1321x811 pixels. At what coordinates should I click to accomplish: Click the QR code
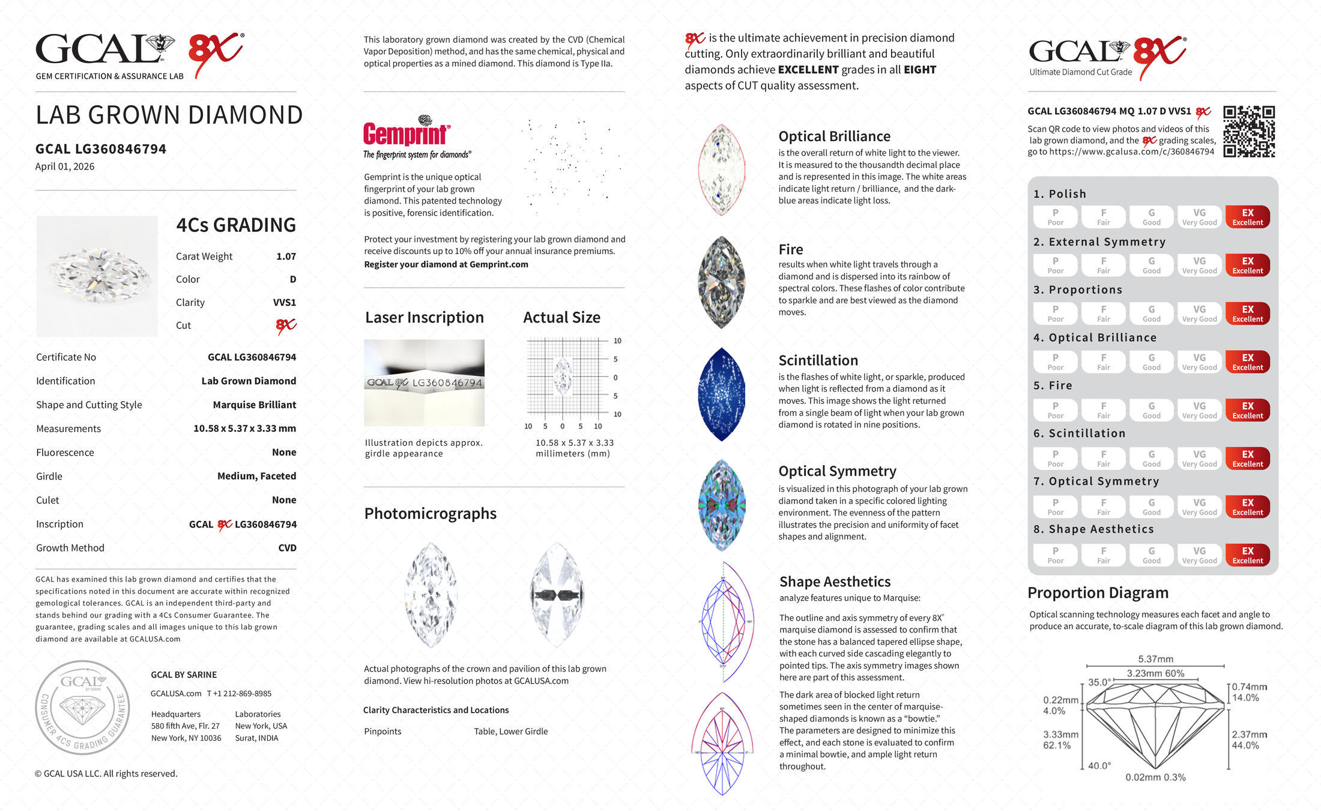[x=1249, y=132]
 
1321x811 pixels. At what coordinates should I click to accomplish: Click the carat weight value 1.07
[x=286, y=257]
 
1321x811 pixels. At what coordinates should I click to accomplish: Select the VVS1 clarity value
[x=284, y=303]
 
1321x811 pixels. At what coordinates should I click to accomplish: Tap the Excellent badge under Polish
[x=1247, y=217]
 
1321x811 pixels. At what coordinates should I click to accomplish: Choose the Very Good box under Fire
[x=1199, y=410]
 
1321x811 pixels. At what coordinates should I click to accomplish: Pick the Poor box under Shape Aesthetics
[x=1055, y=555]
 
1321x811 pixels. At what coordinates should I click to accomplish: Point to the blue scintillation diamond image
[x=722, y=394]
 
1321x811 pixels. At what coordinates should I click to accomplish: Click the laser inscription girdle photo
[x=424, y=383]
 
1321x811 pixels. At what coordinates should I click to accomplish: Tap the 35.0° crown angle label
[x=1099, y=682]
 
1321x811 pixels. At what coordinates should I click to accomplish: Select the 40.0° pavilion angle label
[x=1099, y=766]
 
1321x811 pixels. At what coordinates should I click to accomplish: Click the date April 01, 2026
[x=65, y=167]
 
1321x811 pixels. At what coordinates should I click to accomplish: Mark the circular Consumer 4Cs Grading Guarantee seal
[x=83, y=707]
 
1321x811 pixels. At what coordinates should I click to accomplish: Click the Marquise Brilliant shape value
[x=254, y=405]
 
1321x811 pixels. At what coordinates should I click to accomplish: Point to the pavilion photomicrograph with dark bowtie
[x=557, y=595]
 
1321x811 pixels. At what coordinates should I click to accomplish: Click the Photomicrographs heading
[x=430, y=514]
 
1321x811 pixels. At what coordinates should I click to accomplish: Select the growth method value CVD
[x=287, y=548]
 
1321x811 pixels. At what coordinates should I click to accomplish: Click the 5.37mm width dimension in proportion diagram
[x=1155, y=659]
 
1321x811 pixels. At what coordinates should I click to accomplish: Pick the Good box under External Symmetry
[x=1151, y=265]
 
